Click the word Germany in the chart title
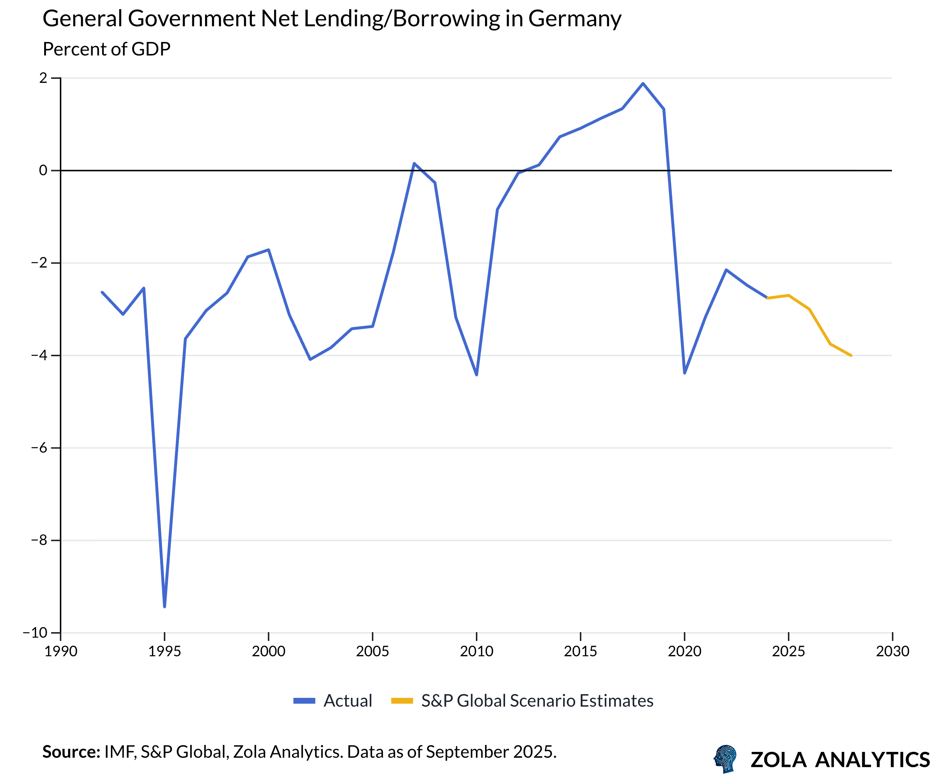coord(574,19)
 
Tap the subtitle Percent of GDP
coord(107,49)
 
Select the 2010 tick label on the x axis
coord(477,651)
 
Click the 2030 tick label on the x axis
coord(892,651)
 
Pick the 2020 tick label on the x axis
coord(684,651)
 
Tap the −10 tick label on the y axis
coord(36,633)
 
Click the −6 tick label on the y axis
coord(39,448)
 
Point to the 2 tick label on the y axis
coord(43,78)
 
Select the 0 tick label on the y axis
coord(43,170)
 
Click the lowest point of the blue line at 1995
coord(165,607)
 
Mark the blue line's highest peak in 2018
coord(643,83)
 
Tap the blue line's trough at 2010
coord(477,375)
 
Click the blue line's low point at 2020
coord(684,373)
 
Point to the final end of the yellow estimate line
coord(851,356)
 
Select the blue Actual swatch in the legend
coord(304,701)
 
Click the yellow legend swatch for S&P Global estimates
coord(402,701)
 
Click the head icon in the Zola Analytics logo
coord(725,759)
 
